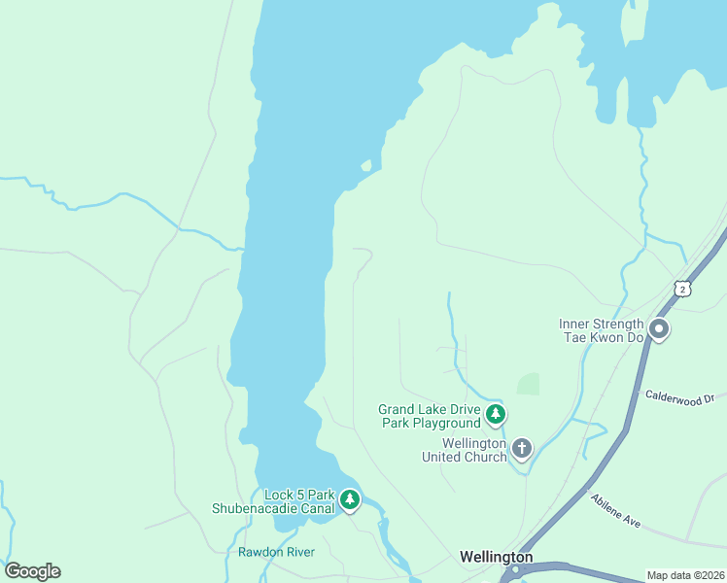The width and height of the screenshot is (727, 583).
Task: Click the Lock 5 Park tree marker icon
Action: (x=350, y=500)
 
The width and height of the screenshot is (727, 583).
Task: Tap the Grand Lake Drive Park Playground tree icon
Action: (x=496, y=415)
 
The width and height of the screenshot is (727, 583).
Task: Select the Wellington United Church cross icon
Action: (x=522, y=448)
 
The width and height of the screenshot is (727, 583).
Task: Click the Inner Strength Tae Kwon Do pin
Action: (x=659, y=330)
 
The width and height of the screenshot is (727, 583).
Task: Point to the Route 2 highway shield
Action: (x=682, y=289)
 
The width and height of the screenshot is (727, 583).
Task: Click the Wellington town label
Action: (x=496, y=557)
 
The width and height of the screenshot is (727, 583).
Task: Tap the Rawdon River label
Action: (x=276, y=553)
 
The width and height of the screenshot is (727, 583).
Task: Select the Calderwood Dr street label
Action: (x=679, y=397)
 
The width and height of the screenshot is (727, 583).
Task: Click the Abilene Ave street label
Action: (x=614, y=511)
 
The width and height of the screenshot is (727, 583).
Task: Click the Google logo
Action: (x=32, y=571)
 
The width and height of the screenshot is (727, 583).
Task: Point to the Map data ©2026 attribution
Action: (x=686, y=575)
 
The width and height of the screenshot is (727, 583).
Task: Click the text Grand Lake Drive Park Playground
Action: (x=430, y=416)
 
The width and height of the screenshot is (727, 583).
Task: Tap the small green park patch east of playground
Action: (x=528, y=384)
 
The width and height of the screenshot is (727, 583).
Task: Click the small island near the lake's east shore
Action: (x=366, y=166)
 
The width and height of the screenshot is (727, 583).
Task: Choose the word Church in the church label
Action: (x=485, y=457)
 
